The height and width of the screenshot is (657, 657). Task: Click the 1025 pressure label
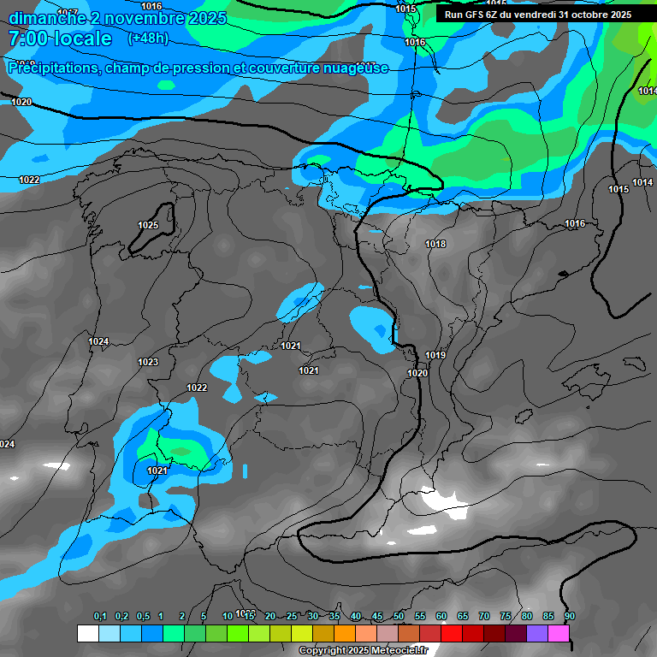point(148,225)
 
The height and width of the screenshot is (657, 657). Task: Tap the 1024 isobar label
point(98,341)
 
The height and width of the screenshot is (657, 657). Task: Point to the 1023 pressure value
point(148,362)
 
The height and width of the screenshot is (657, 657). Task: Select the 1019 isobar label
point(435,355)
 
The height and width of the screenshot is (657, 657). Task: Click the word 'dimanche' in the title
point(47,18)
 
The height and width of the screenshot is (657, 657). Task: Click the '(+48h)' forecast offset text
point(148,38)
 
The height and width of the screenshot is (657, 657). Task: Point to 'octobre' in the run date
point(583,15)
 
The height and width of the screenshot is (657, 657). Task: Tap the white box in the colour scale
point(87,633)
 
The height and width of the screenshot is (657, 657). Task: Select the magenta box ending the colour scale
point(559,633)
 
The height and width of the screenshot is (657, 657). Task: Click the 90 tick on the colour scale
point(569,616)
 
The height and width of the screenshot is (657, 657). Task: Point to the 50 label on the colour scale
point(399,616)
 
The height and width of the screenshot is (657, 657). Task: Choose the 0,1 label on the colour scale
point(100,616)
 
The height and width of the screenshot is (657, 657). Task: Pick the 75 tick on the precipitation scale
point(506,616)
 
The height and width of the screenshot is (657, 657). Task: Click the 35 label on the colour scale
point(334,616)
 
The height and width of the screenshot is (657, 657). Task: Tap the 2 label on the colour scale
point(182,616)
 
